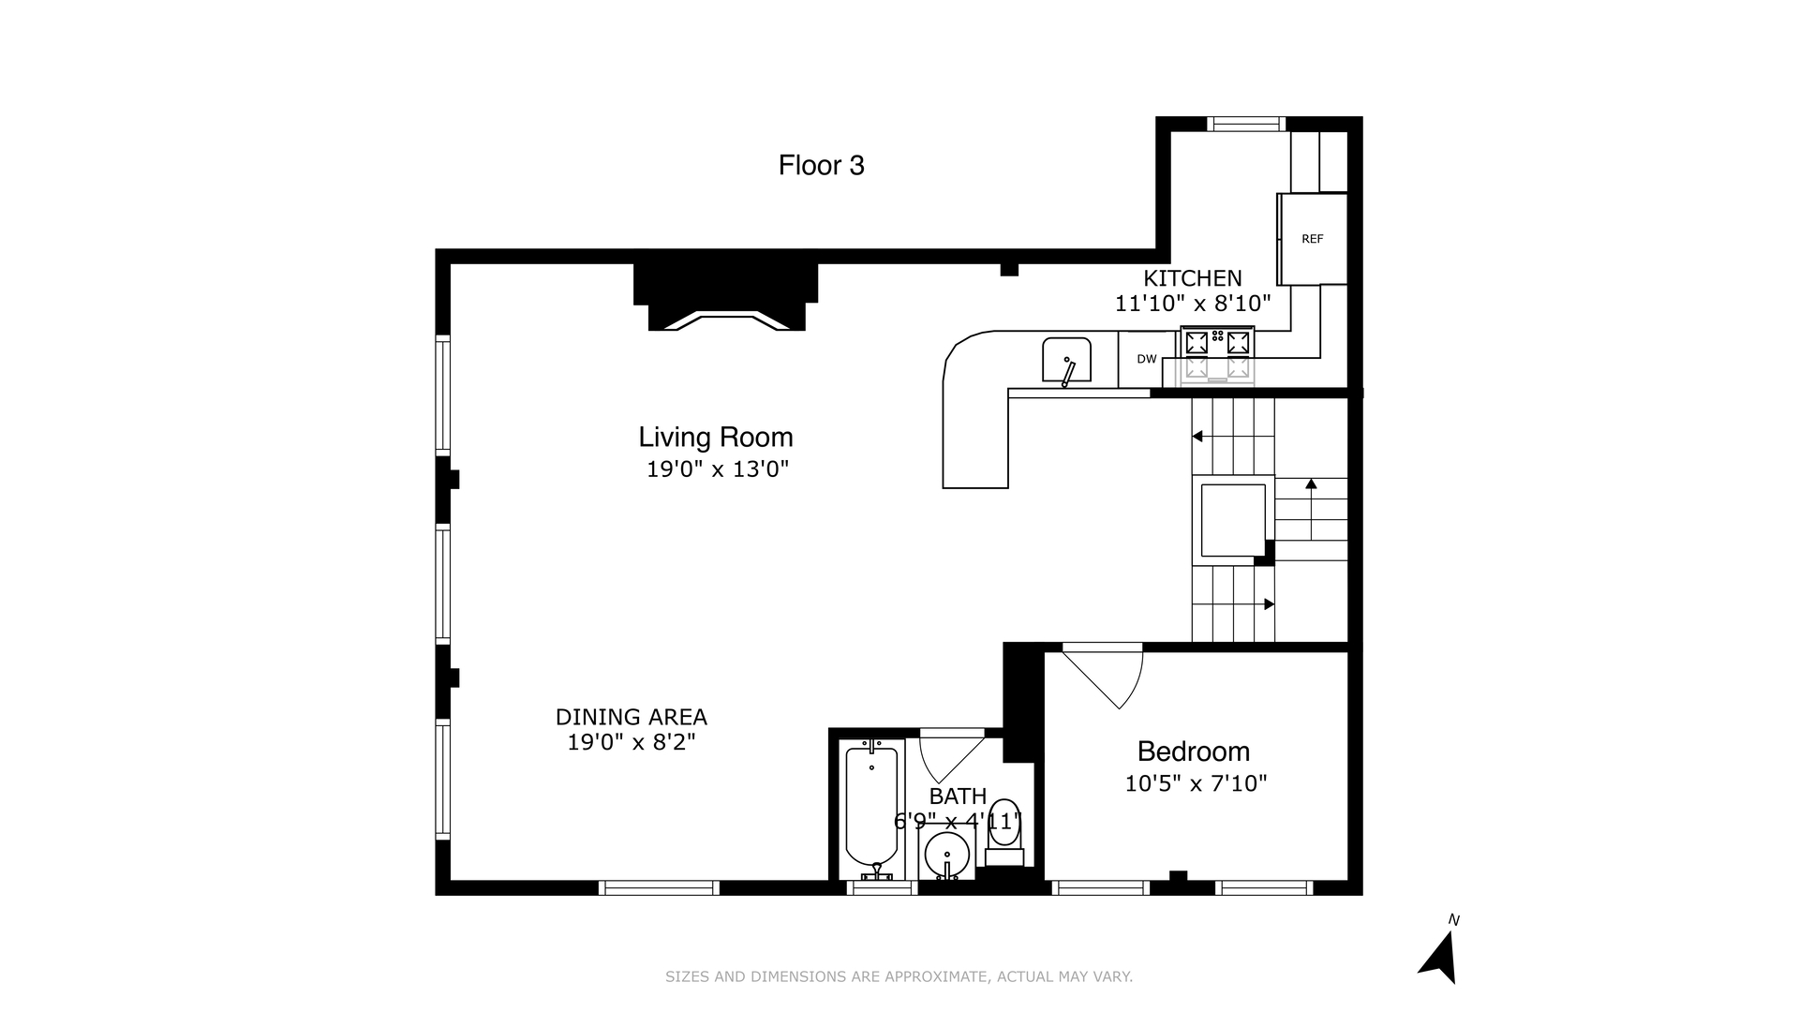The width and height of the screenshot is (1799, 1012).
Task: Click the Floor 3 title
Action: click(821, 166)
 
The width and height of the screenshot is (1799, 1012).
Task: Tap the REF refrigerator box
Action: click(1312, 239)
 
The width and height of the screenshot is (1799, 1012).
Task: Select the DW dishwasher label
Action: click(1147, 359)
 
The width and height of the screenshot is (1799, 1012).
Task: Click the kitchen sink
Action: click(1066, 361)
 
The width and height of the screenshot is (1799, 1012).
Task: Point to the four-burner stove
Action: click(1217, 354)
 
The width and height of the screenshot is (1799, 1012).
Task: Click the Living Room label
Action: click(716, 438)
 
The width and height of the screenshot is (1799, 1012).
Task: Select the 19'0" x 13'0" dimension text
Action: click(718, 469)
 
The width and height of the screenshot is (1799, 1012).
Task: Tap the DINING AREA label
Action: click(631, 717)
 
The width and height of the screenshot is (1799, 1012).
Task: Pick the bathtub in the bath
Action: click(871, 808)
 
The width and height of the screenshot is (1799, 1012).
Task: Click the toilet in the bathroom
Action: click(1004, 828)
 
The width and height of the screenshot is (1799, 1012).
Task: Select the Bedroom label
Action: click(1193, 752)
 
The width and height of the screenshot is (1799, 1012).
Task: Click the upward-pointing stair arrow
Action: click(1311, 484)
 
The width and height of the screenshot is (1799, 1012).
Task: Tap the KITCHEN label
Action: click(1192, 278)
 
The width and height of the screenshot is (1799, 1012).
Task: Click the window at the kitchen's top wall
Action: click(1245, 124)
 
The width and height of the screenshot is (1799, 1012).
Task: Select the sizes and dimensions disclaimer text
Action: click(899, 976)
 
